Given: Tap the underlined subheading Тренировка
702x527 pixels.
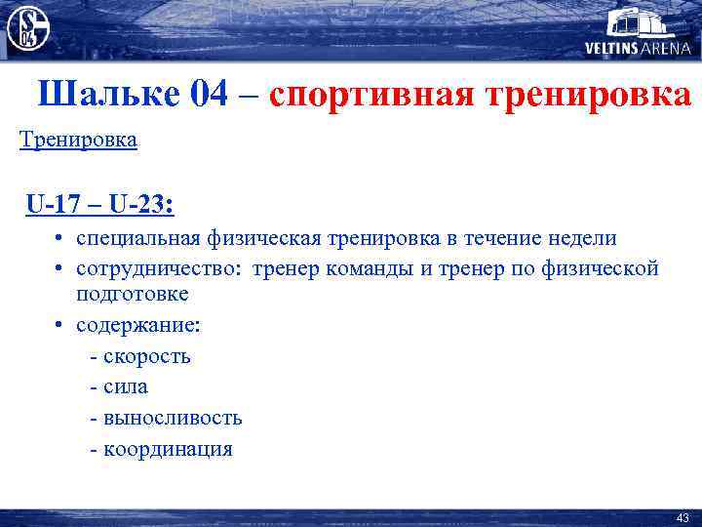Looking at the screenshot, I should [x=79, y=140].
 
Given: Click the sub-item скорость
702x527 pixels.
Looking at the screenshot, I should [x=146, y=356].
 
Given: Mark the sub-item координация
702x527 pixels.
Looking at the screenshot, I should [x=167, y=450].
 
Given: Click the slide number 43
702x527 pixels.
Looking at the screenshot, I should [x=682, y=516].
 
